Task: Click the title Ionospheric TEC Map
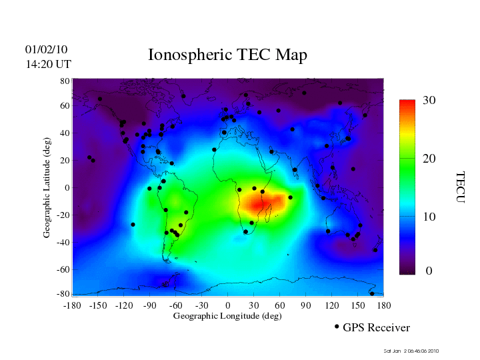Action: (227, 55)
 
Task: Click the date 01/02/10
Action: (46, 50)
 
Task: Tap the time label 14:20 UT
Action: (48, 65)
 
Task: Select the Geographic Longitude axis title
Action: (227, 316)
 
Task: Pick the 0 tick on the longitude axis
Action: (227, 305)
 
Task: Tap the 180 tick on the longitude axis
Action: (383, 305)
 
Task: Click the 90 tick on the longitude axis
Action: (305, 305)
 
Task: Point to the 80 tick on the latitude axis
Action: (65, 81)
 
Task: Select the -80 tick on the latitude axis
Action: (63, 294)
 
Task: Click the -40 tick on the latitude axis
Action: (63, 243)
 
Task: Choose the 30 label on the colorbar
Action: (429, 101)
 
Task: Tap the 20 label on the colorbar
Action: (429, 160)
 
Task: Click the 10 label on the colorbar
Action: (429, 217)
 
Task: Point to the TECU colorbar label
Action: (460, 187)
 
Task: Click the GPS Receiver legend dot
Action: (337, 327)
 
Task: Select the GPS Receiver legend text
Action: (376, 328)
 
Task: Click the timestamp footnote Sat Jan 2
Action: (411, 351)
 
